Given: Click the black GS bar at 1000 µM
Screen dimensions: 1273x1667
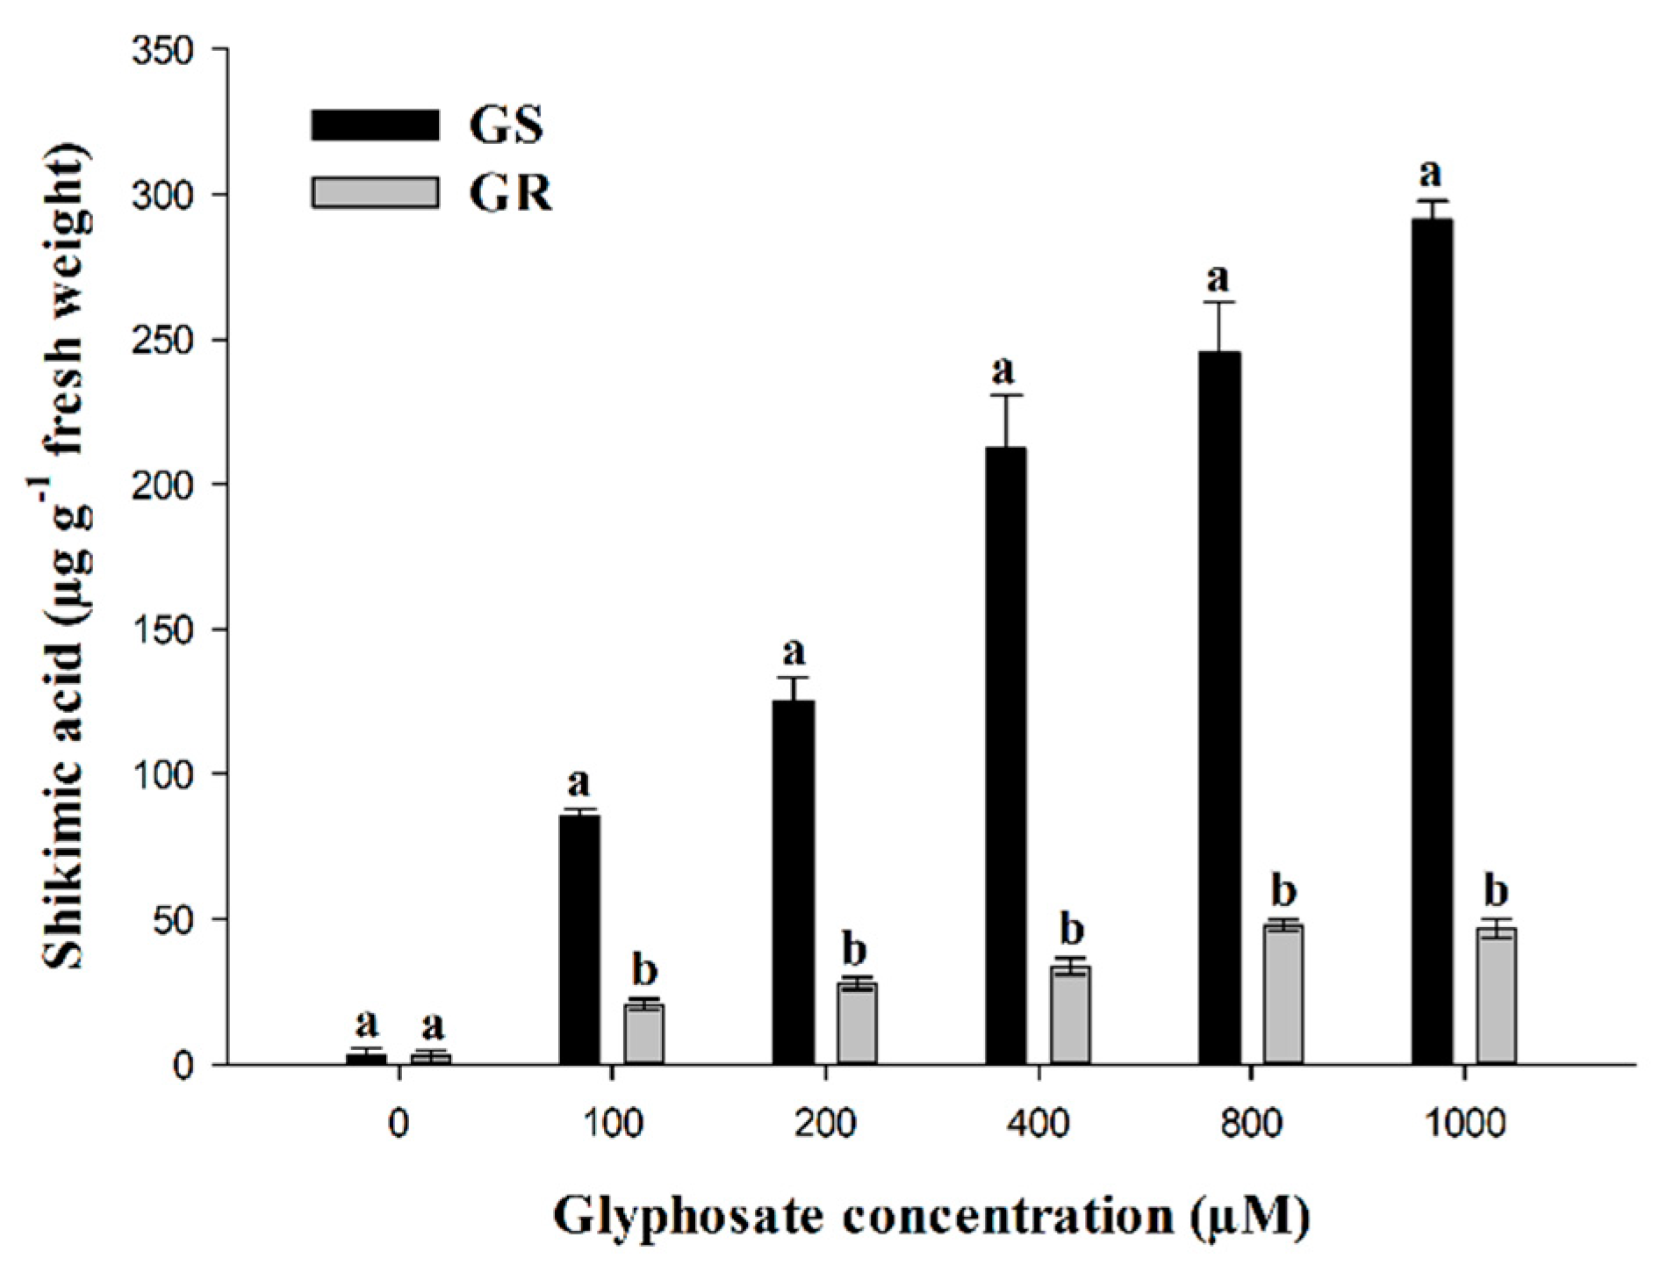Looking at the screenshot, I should tap(1431, 641).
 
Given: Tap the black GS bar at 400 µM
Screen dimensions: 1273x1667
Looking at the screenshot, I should tap(1005, 755).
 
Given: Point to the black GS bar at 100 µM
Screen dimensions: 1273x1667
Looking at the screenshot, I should tap(579, 939).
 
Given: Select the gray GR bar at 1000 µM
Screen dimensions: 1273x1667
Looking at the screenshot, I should tap(1496, 996).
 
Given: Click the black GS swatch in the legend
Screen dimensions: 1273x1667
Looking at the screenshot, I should tap(375, 124).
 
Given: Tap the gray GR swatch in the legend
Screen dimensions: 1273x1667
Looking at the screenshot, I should tap(375, 192).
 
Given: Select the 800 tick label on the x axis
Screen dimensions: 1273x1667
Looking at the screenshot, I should tap(1250, 1125).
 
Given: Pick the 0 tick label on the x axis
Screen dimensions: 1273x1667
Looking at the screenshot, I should tap(399, 1125).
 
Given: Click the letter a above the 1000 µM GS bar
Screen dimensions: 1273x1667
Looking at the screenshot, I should tap(1430, 174).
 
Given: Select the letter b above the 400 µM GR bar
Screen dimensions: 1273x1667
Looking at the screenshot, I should tap(1072, 929).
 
